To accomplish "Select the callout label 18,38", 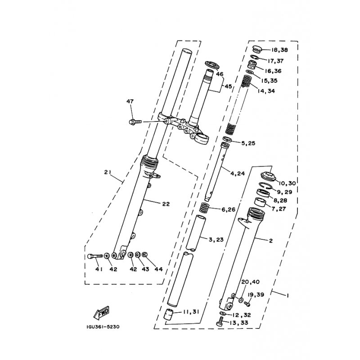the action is point(279,50).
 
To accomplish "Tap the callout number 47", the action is point(130,101).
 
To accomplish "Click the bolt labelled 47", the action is point(135,121).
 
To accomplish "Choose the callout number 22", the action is point(166,204).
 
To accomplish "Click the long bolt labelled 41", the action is point(95,256).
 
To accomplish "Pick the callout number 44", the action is point(159,269).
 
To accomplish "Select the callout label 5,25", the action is point(248,143).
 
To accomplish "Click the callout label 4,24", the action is point(238,173).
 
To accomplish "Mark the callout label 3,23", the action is point(216,239).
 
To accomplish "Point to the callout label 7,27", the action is point(279,209).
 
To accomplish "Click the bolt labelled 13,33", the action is point(220,321).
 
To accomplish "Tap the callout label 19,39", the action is point(256,295).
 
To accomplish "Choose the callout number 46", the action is point(220,74).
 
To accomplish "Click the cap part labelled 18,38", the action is point(257,49).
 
